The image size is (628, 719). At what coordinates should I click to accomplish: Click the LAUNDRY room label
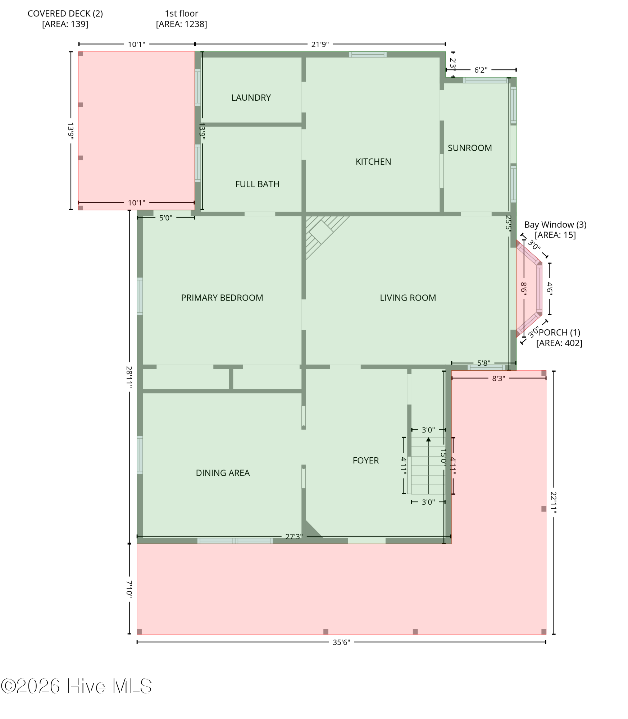pos(251,97)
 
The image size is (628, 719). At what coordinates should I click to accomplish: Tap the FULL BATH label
pos(257,184)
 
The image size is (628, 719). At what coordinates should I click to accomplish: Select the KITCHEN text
pos(373,161)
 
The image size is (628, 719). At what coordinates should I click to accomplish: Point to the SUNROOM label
pos(470,148)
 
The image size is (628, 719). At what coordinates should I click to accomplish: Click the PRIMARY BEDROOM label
pos(222,298)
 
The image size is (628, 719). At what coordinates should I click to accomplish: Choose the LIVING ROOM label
pos(408,298)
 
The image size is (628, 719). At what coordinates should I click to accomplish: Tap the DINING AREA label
pos(223,473)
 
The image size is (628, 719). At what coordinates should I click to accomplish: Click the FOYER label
pos(366,461)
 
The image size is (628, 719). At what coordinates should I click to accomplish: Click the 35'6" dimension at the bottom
pos(341,642)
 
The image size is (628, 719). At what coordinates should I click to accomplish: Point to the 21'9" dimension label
pos(320,44)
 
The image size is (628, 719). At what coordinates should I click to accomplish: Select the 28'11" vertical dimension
pos(129,377)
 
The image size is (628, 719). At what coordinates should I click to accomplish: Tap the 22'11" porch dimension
pos(554,503)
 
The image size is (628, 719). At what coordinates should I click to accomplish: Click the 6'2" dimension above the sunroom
pos(481,70)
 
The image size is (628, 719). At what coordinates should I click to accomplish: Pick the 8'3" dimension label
pos(499,378)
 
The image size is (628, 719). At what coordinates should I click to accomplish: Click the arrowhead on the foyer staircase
pos(428,439)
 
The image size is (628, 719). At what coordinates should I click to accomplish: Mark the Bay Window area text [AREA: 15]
pos(555,235)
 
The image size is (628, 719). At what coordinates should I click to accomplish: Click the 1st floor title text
pos(181,13)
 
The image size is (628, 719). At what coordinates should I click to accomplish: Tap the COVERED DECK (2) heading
pos(65,13)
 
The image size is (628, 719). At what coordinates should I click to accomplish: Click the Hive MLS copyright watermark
pos(76,686)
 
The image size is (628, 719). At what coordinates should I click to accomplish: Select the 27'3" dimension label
pos(294,537)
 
